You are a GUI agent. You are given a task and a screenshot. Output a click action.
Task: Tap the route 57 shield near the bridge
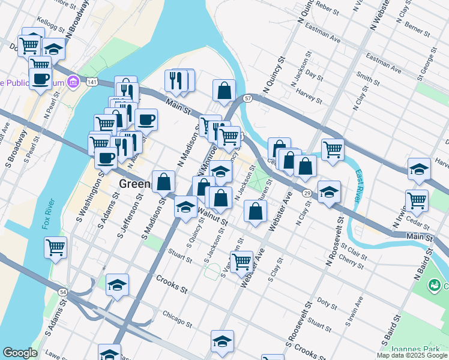(247, 98)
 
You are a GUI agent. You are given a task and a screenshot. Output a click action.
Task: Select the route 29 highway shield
(306, 193)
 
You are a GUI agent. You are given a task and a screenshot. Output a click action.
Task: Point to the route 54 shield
(62, 291)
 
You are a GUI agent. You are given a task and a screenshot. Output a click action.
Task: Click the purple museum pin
(73, 81)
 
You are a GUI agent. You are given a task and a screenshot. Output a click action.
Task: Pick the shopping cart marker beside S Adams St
(55, 246)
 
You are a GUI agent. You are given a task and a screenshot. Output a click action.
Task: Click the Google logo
(19, 353)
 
